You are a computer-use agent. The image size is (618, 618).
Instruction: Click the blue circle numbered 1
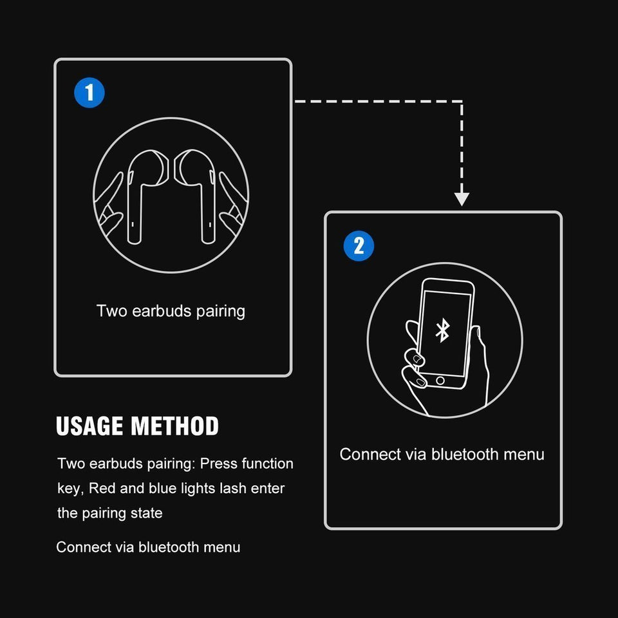coord(89,93)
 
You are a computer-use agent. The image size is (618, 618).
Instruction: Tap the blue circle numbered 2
coord(359,247)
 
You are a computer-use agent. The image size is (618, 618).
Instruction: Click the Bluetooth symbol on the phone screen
coord(442,331)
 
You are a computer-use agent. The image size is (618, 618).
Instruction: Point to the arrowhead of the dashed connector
coord(462,198)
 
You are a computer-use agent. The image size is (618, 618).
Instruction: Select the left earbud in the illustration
coord(142,193)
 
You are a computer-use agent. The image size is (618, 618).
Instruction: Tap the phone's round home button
coord(440,381)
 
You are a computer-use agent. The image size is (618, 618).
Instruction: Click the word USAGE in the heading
coord(90,427)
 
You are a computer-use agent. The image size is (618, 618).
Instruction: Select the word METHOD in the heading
coord(174,427)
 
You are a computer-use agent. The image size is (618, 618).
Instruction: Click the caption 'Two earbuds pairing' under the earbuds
coord(171,312)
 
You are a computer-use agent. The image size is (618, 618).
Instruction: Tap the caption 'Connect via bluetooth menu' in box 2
coord(442,454)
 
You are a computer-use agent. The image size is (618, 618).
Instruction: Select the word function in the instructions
coord(267,464)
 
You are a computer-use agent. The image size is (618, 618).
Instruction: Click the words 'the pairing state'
coord(110,513)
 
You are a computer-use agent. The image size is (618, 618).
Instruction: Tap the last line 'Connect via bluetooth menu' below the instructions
coord(148,547)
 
